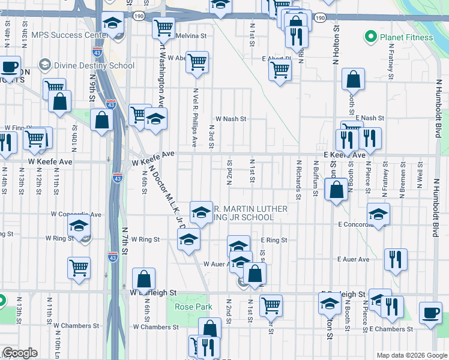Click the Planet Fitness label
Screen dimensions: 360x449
click(x=406, y=37)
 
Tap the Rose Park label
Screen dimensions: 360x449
click(x=193, y=307)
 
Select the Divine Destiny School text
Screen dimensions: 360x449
click(x=93, y=65)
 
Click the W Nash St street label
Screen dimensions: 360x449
click(x=231, y=119)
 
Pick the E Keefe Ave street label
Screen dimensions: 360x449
click(x=344, y=155)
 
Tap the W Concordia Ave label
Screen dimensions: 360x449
click(x=76, y=214)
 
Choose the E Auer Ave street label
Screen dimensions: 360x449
click(x=354, y=259)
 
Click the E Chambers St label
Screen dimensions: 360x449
click(x=391, y=329)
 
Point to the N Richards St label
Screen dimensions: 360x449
click(x=298, y=176)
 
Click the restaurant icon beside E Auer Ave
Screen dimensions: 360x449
click(x=396, y=259)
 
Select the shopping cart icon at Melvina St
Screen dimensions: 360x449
click(x=163, y=27)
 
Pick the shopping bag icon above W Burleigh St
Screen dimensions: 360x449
click(x=143, y=278)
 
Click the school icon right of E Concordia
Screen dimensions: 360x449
click(x=378, y=214)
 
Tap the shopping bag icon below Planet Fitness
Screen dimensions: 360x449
click(x=354, y=79)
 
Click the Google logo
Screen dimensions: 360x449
click(x=20, y=353)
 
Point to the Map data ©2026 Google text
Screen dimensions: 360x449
click(x=411, y=355)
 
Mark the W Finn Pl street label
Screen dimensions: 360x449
click(x=16, y=128)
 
